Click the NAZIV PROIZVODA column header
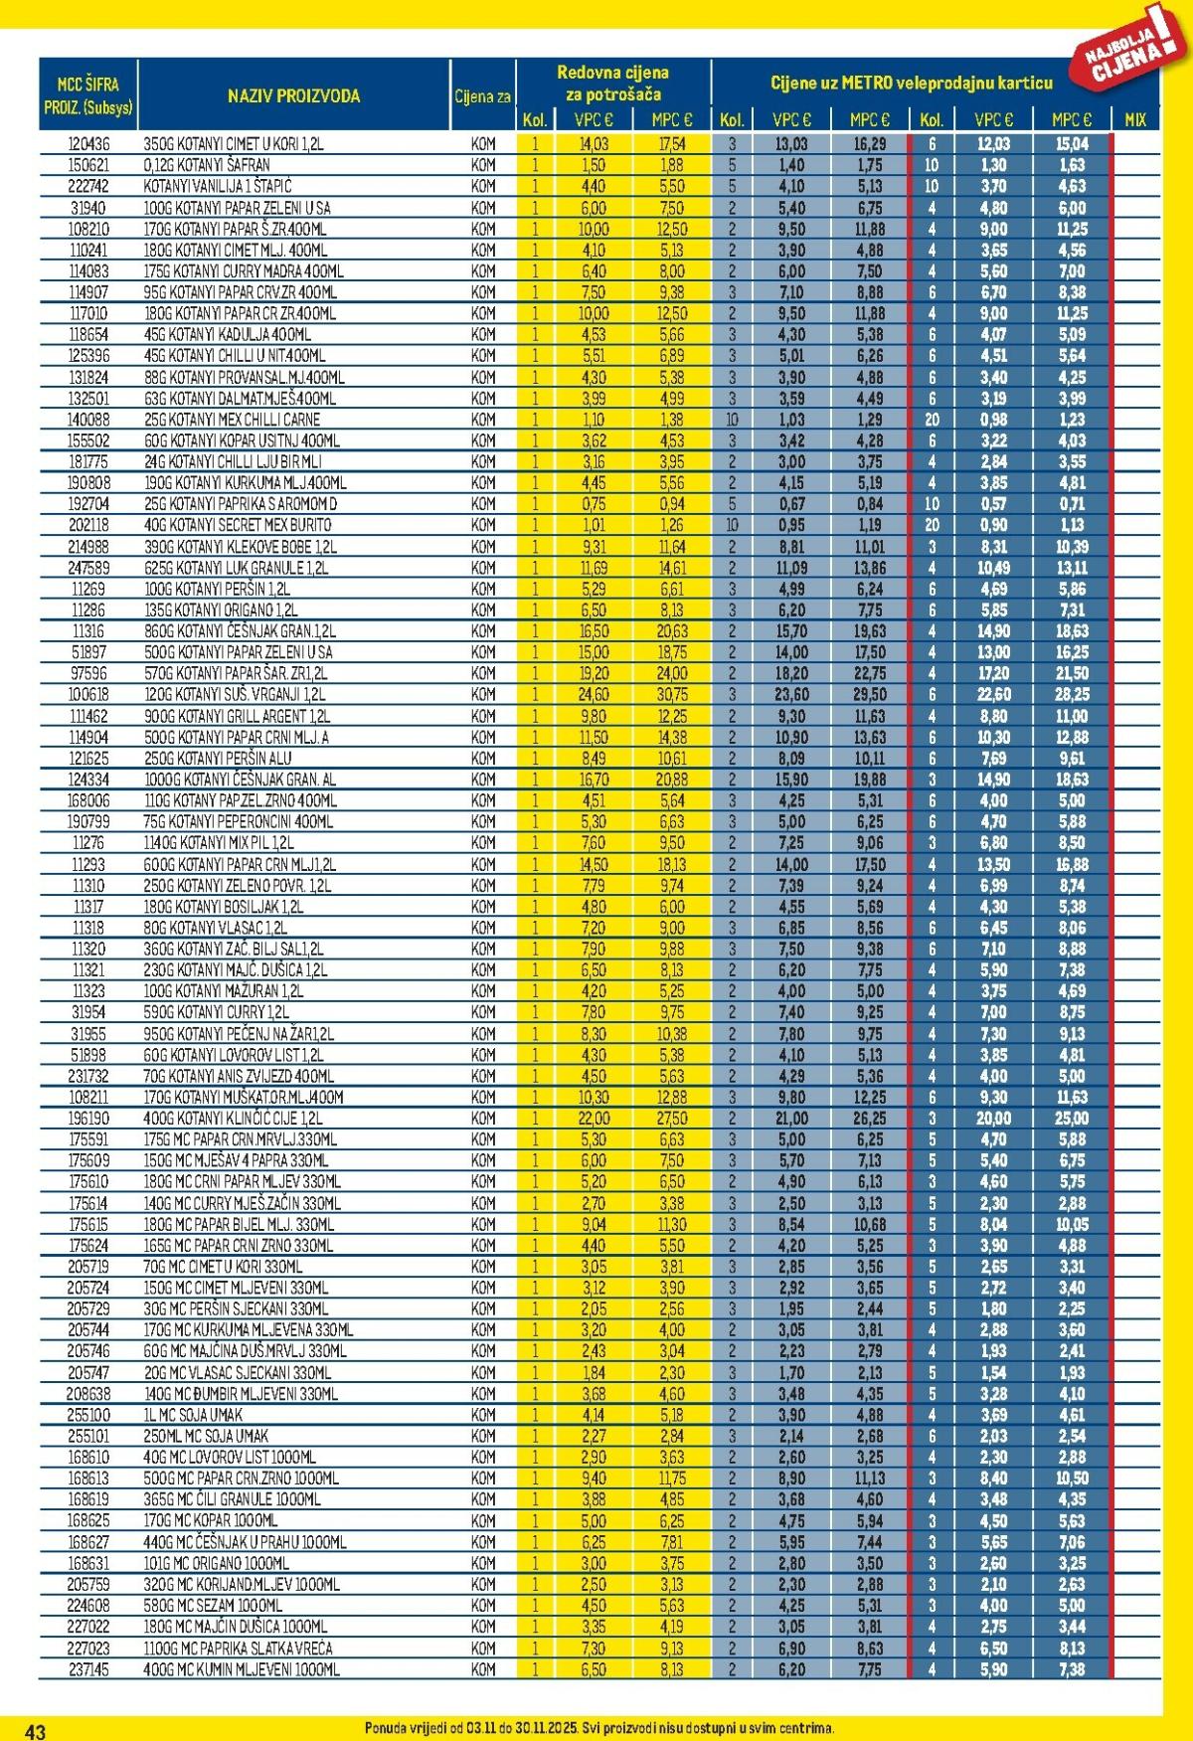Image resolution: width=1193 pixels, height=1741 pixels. coord(293,96)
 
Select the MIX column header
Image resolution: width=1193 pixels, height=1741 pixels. coord(1134,120)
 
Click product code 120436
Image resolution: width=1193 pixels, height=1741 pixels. coord(88,144)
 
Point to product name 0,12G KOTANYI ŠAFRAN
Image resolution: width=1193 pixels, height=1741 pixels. coord(207,165)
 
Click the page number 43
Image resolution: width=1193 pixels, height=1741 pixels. coord(35,1731)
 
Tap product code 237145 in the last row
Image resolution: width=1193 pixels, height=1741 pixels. coord(88,1669)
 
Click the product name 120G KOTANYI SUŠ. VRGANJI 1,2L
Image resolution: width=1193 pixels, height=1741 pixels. coord(235,695)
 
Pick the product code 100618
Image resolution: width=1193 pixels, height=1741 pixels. coord(88,695)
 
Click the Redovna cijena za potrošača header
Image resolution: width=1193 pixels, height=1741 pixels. coord(612,84)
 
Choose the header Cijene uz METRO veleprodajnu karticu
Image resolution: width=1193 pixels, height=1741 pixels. coord(911,84)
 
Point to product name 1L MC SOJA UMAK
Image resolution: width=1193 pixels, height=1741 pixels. coord(193,1415)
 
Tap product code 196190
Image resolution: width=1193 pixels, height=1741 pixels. coord(88,1119)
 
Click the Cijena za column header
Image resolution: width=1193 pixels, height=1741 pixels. coord(483,97)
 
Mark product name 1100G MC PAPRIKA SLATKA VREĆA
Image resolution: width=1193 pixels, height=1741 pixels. coord(239,1649)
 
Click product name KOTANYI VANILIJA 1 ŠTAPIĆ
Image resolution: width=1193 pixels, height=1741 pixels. coord(218,187)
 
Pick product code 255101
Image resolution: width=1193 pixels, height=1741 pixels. coord(88,1436)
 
